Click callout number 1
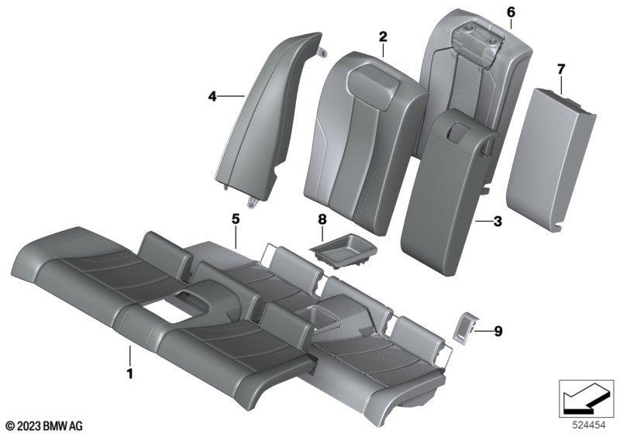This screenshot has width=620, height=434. click(x=129, y=374)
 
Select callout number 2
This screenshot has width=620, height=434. click(x=383, y=37)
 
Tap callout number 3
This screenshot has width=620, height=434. click(x=498, y=222)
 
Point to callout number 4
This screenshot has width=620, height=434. click(x=212, y=96)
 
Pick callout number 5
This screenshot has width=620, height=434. click(x=236, y=219)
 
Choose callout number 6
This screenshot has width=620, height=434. click(x=511, y=12)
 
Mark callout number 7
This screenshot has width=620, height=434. click(x=561, y=70)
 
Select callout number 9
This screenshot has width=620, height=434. click(x=498, y=331)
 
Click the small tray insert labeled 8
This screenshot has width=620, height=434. click(x=343, y=250)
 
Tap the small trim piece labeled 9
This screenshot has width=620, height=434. click(x=465, y=327)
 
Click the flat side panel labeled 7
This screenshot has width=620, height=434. click(x=550, y=159)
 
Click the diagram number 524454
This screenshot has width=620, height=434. click(x=589, y=425)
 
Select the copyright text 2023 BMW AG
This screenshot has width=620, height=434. click(x=44, y=426)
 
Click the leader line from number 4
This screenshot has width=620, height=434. click(x=231, y=95)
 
